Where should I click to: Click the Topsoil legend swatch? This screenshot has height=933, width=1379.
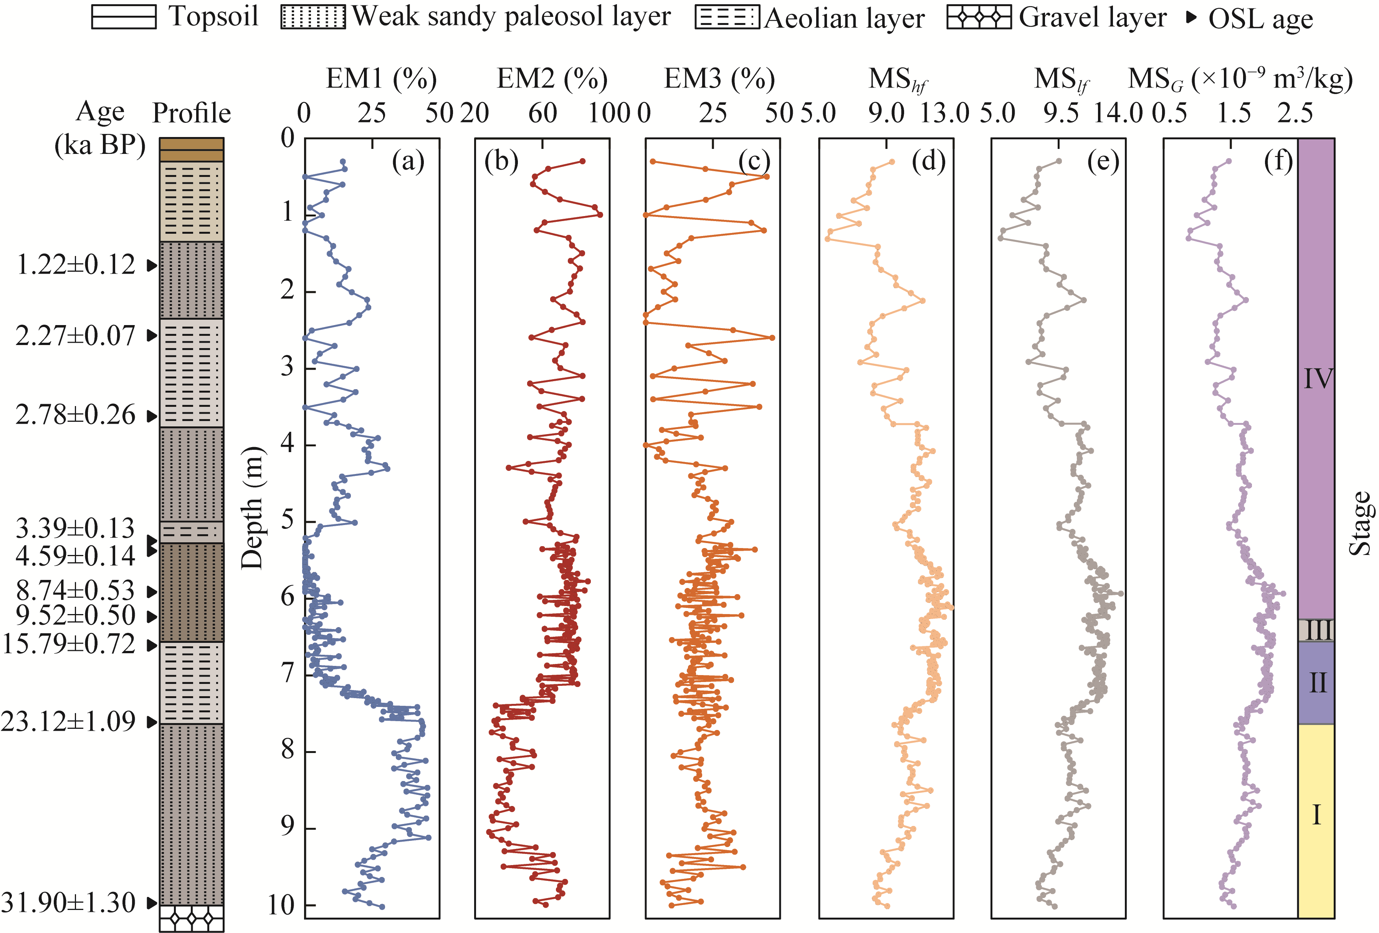(x=123, y=17)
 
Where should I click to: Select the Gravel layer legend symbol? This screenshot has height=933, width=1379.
(x=979, y=17)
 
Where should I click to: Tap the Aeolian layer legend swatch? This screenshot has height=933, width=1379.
(x=727, y=17)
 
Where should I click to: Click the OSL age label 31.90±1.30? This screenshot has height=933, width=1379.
(x=68, y=903)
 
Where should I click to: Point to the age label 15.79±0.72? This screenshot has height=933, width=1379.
(x=69, y=644)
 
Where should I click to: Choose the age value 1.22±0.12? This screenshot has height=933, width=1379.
(x=76, y=264)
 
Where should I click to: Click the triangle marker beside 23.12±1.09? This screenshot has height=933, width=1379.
(x=152, y=722)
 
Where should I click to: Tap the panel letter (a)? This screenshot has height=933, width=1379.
(x=408, y=161)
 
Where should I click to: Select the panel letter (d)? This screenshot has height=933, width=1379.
(x=928, y=161)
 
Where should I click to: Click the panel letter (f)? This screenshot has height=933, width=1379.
(x=1278, y=161)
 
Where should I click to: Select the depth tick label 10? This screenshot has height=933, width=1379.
(x=281, y=905)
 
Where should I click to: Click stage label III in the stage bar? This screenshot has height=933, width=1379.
(x=1317, y=630)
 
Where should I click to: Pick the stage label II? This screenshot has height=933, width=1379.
(x=1317, y=683)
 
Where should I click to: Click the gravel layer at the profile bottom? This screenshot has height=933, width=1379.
(x=192, y=918)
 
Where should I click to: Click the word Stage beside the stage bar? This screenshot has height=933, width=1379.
(x=1360, y=523)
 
